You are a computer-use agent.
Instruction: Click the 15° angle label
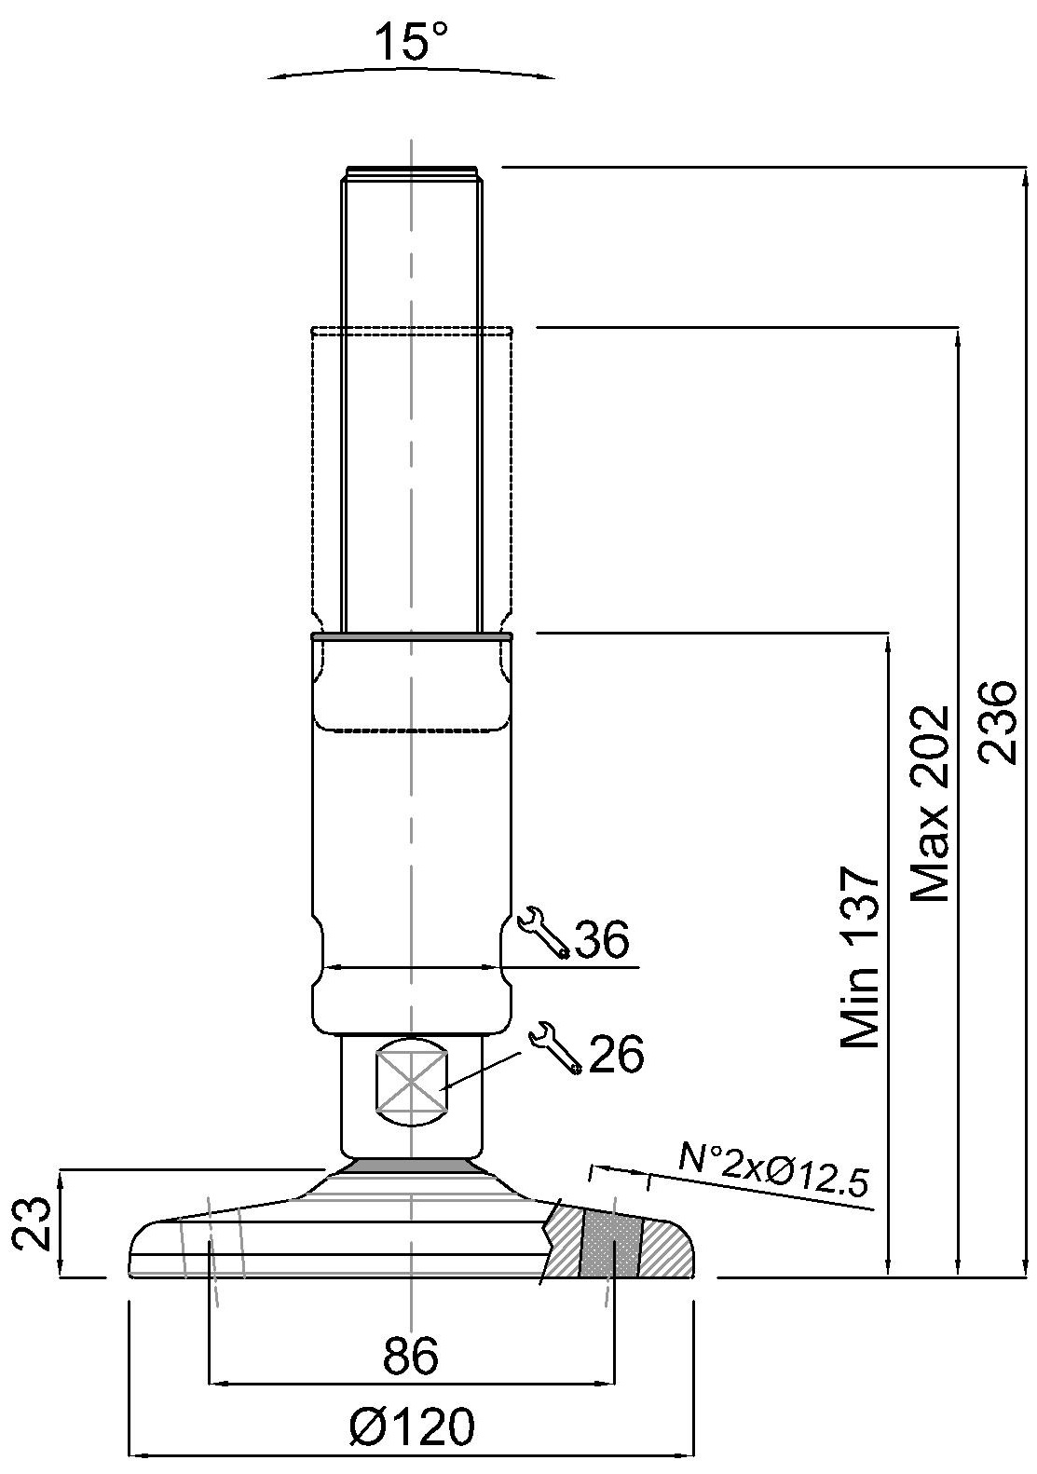[x=411, y=41]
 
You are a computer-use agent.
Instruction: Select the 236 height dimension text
[x=997, y=722]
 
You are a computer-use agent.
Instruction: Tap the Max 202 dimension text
[x=928, y=804]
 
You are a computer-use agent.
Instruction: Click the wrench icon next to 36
[x=543, y=933]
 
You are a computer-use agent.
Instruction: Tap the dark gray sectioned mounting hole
[x=610, y=1244]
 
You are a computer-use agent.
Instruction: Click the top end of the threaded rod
[x=412, y=169]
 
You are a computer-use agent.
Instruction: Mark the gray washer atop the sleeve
[x=411, y=636]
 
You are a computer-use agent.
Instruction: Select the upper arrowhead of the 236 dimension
[x=1025, y=177]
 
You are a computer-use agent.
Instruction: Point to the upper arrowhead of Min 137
[x=888, y=644]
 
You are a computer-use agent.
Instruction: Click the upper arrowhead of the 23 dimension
[x=61, y=1180]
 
